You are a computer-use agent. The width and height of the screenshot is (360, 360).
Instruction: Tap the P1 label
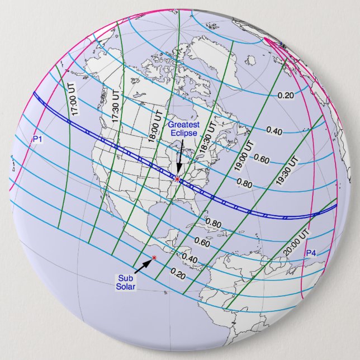point(37,138)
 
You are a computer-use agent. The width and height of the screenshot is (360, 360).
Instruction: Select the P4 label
point(310,254)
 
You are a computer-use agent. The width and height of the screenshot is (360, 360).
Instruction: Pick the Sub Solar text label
point(124,282)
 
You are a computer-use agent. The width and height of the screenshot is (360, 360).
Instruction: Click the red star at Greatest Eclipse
point(178,179)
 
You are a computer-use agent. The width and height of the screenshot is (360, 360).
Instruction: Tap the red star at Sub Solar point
point(154,257)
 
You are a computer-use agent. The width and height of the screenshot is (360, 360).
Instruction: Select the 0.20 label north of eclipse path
point(286,95)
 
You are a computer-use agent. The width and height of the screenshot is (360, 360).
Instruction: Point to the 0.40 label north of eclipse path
point(274,131)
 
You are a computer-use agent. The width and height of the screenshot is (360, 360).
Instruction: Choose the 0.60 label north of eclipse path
point(262,158)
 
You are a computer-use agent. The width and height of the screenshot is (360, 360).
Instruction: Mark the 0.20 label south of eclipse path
point(178,274)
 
